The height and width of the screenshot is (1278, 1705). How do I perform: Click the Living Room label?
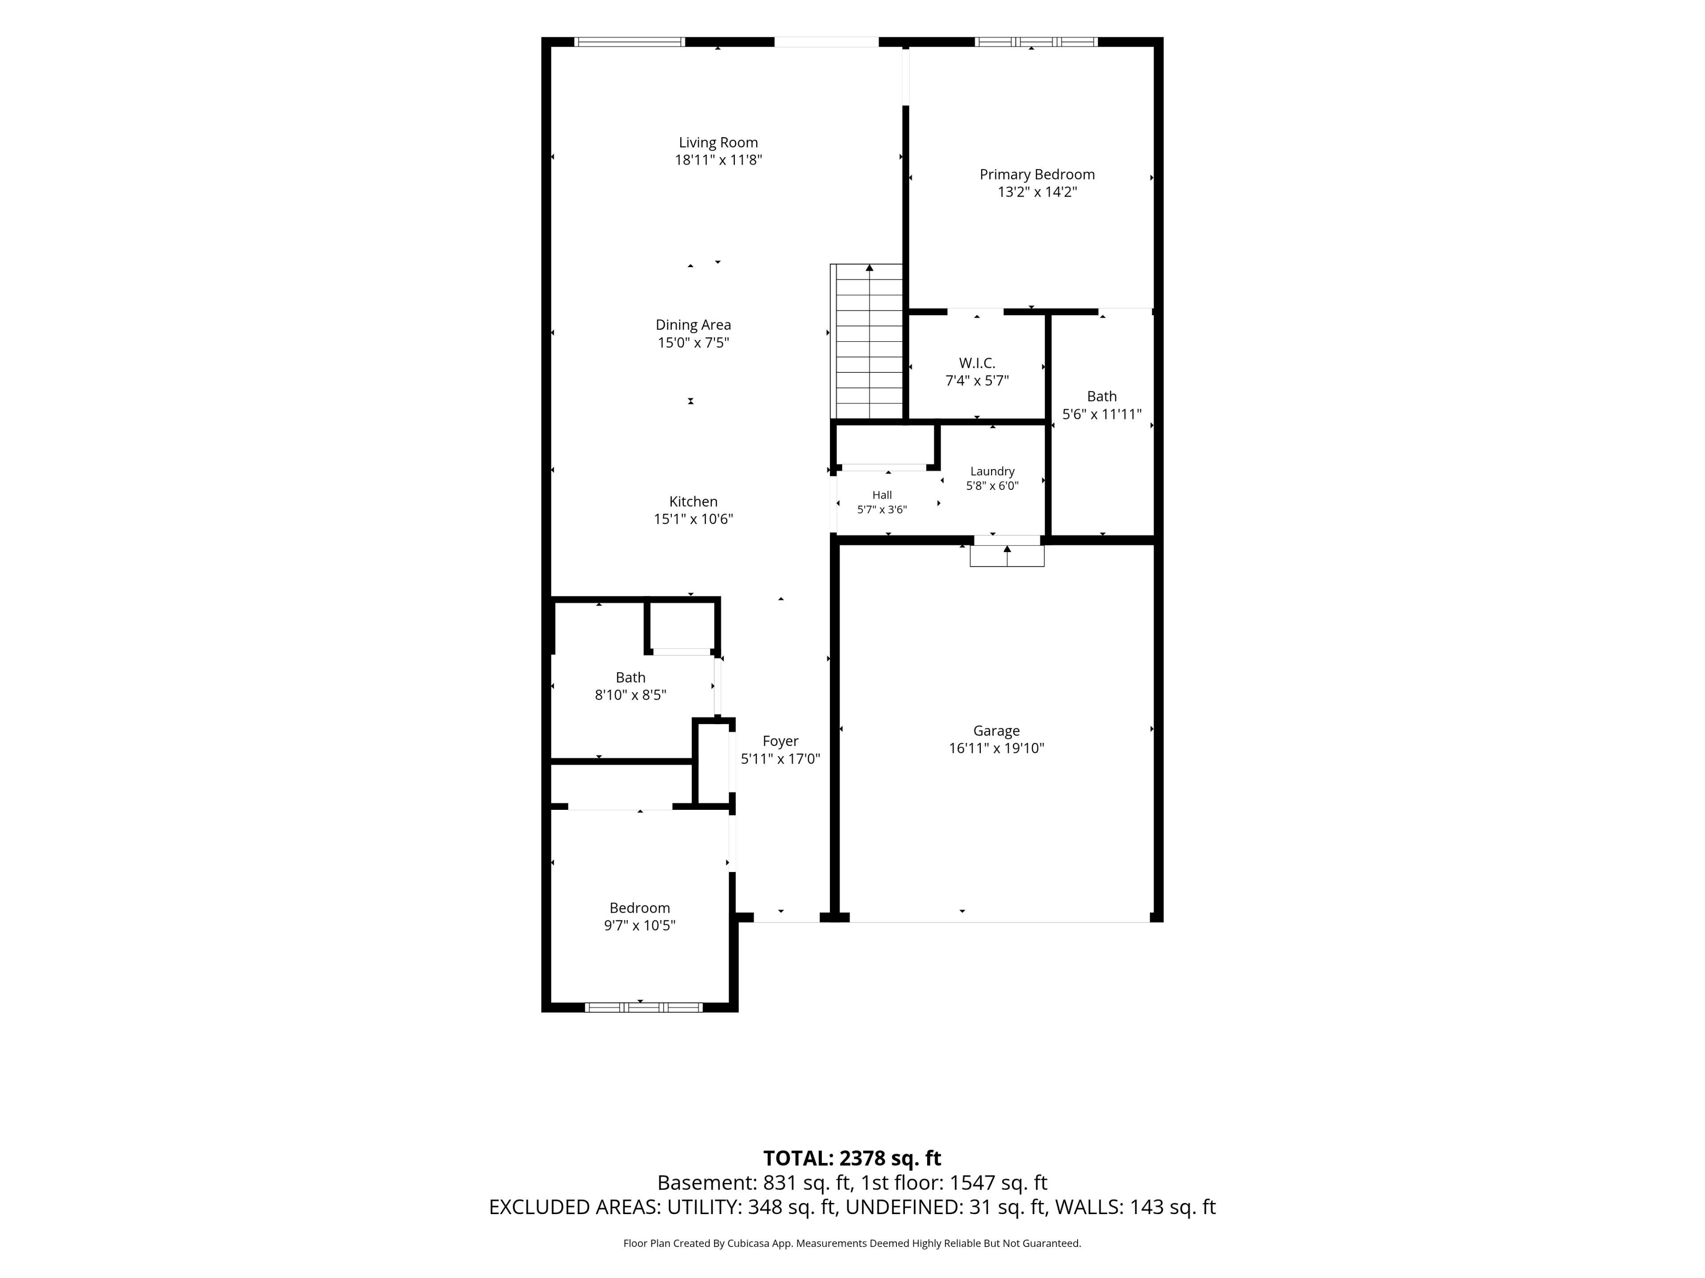718,142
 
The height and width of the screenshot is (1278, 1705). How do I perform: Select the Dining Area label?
693,325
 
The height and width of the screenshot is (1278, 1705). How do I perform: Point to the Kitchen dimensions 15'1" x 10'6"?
693,519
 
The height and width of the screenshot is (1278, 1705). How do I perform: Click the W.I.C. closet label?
976,363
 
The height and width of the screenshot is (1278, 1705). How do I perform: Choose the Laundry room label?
992,471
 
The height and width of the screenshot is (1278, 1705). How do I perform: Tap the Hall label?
882,495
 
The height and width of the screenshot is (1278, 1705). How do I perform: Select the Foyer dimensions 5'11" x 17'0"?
780,759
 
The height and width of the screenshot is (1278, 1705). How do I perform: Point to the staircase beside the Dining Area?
866,342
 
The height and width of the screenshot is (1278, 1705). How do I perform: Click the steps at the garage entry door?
1007,556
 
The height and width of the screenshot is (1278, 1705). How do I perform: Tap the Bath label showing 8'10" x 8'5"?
630,678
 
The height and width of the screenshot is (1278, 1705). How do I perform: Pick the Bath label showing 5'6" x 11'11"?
1102,397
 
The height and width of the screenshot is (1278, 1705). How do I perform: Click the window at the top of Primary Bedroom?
1036,42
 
